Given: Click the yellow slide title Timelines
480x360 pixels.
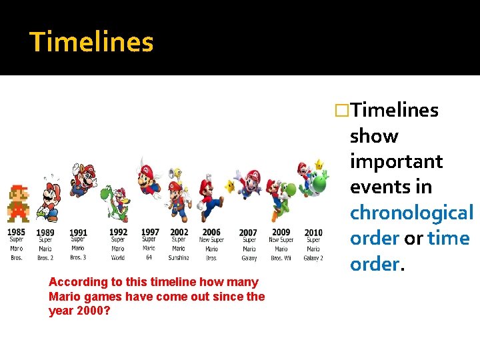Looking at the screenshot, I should pyautogui.click(x=91, y=42).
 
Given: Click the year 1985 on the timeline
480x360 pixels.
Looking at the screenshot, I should pyautogui.click(x=17, y=232).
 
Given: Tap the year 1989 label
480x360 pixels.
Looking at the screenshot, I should pyautogui.click(x=45, y=233).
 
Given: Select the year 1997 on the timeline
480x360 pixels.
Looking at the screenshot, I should pyautogui.click(x=150, y=232).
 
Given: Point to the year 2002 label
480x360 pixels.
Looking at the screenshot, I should pyautogui.click(x=179, y=232).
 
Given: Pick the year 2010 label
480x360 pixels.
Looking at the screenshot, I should pyautogui.click(x=313, y=233).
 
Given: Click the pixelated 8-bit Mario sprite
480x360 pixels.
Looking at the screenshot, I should pyautogui.click(x=18, y=204).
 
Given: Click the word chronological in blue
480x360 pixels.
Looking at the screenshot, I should pyautogui.click(x=411, y=213).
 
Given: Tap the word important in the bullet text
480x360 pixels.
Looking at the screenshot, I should pyautogui.click(x=396, y=161).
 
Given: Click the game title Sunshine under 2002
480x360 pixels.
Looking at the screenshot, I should pyautogui.click(x=178, y=257).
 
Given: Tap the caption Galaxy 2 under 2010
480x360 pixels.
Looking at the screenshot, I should pyautogui.click(x=313, y=257).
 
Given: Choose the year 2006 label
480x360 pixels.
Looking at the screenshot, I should pyautogui.click(x=211, y=232).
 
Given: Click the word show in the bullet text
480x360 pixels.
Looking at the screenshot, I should pyautogui.click(x=374, y=136).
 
